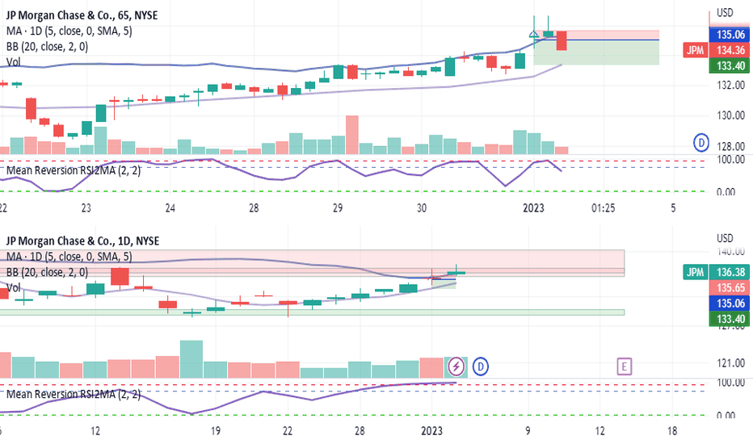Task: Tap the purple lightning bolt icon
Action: [x=456, y=367]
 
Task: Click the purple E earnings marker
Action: [x=624, y=367]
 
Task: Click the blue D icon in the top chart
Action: [x=702, y=144]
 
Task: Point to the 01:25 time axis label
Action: [x=603, y=208]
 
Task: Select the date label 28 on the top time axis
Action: [x=254, y=208]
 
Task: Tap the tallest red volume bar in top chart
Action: [x=351, y=135]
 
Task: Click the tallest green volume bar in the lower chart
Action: [x=191, y=359]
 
